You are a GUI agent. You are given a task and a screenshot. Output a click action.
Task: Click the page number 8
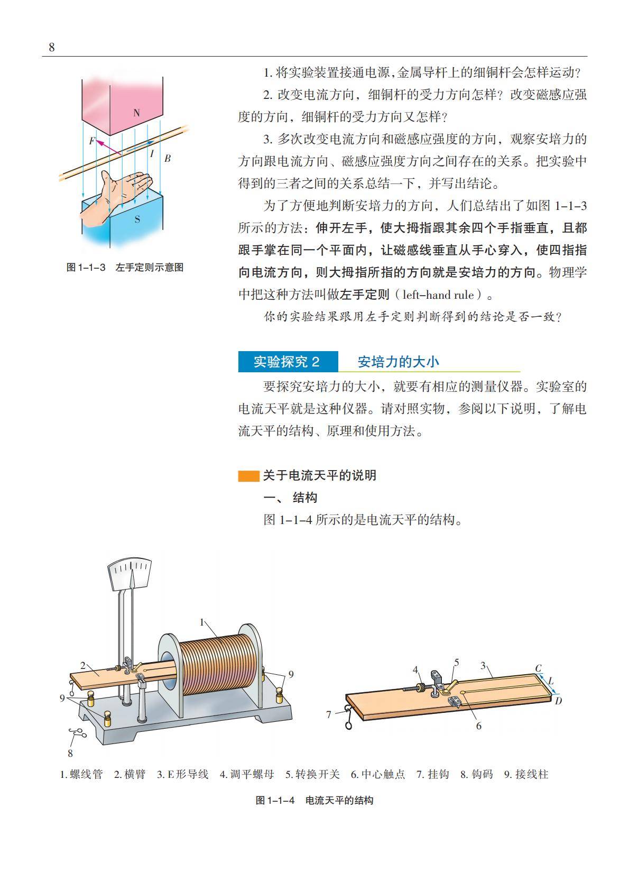click(52, 47)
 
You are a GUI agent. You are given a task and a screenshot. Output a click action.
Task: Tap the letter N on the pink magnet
click(136, 113)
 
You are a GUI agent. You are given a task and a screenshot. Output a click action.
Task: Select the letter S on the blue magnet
click(137, 219)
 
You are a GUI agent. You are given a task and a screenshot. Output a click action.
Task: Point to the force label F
click(92, 141)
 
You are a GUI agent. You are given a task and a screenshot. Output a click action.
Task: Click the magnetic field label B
click(168, 159)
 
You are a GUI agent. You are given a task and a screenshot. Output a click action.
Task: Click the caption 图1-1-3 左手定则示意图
click(125, 268)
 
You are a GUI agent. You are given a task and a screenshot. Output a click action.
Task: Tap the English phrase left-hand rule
click(438, 295)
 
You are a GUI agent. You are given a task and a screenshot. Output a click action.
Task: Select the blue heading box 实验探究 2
click(288, 362)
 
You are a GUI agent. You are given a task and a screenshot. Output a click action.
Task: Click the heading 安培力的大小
click(399, 362)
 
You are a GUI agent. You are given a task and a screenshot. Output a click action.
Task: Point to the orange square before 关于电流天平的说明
click(248, 476)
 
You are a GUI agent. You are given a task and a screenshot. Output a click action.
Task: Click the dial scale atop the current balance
click(129, 573)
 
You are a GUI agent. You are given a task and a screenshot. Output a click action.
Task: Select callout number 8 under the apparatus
click(70, 753)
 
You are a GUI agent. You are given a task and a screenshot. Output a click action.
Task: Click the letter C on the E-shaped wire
click(538, 668)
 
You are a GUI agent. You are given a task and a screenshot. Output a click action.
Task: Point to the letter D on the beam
click(558, 701)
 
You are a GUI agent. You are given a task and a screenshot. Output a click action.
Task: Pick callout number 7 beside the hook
click(328, 715)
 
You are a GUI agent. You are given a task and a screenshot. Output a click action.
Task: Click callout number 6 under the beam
click(478, 726)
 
